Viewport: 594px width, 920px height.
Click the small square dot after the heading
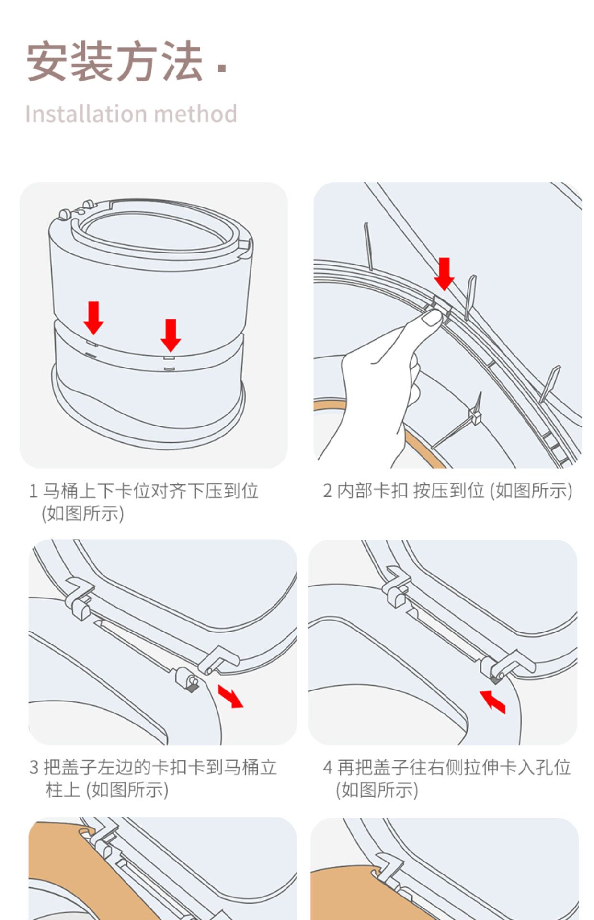221,68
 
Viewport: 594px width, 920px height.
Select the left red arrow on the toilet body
93,318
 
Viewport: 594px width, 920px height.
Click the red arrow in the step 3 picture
230,696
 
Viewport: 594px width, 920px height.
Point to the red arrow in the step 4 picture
492,702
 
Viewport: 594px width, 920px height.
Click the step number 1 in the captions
33,491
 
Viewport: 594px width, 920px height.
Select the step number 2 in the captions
327,491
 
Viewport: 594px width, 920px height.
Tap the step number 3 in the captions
34,768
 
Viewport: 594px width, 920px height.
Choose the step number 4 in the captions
328,768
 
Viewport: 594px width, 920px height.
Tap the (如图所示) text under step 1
83,514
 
